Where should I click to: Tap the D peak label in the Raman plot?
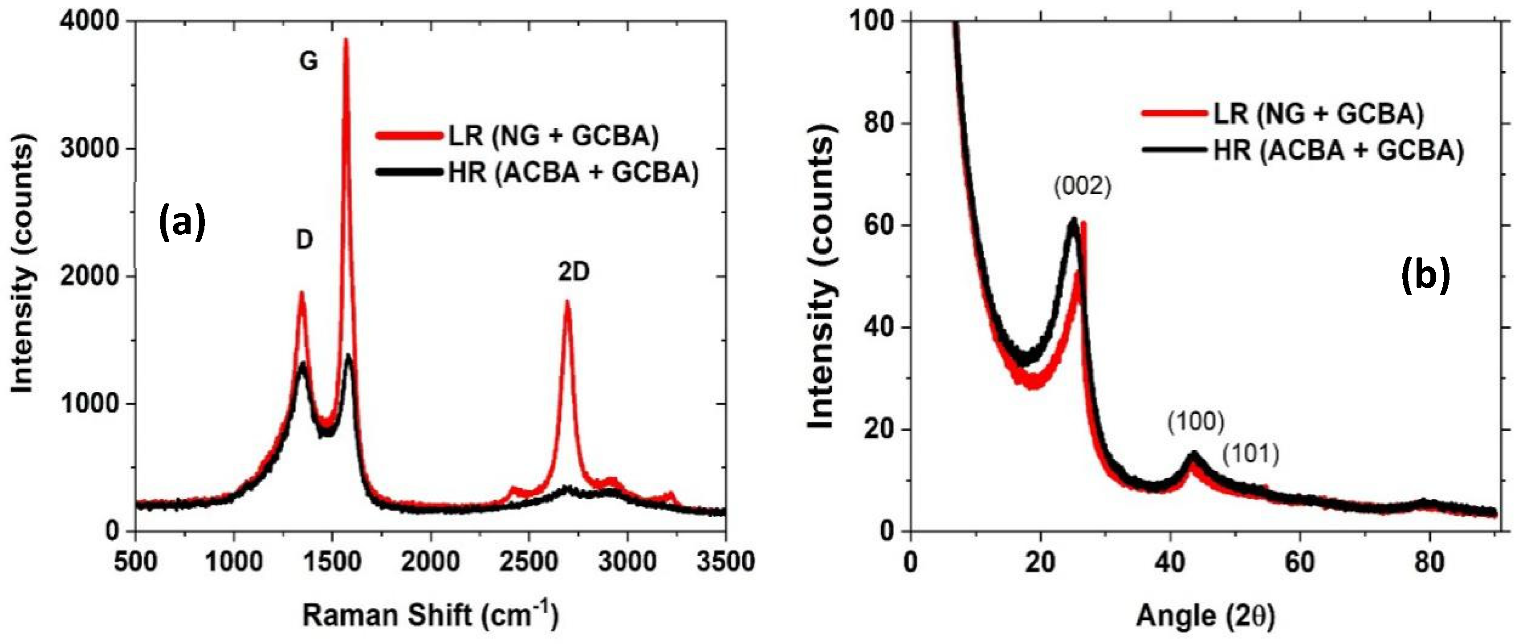[304, 240]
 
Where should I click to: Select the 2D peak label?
[574, 272]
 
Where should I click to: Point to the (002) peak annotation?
[1083, 187]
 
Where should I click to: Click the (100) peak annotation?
[1195, 422]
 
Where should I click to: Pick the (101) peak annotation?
[1250, 454]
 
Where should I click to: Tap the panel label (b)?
[1425, 276]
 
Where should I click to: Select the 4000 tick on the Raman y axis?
[90, 22]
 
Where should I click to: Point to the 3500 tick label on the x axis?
[725, 561]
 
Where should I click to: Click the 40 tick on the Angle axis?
[1170, 561]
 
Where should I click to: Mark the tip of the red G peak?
[346, 40]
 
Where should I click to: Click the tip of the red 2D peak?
[567, 302]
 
